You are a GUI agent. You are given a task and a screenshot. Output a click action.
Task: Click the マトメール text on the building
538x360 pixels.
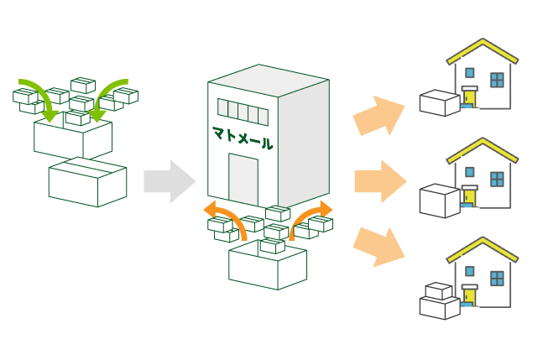coord(243,137)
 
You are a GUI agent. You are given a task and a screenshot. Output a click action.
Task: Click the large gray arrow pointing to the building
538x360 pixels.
coord(169,181)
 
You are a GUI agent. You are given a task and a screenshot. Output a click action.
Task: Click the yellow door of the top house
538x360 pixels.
coord(469,97)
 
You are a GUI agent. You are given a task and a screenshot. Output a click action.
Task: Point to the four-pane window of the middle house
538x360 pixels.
coord(498,179)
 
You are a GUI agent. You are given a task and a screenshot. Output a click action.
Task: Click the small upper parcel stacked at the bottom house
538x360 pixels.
coord(438,290)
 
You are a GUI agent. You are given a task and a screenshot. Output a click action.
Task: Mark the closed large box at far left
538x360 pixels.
coord(87,181)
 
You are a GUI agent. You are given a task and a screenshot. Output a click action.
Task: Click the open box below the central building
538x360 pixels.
coord(267,265)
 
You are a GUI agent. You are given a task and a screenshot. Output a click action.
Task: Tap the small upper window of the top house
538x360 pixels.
coord(470,72)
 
